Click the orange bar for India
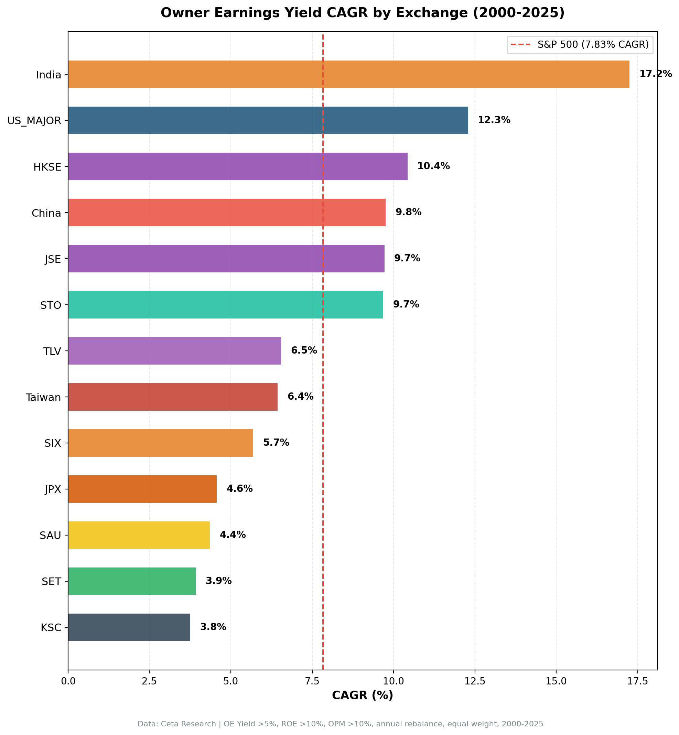348,74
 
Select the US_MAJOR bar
268,120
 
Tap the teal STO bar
225,305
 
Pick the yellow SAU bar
139,535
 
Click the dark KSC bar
129,627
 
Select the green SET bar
131,581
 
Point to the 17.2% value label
655,74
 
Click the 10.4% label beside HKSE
433,166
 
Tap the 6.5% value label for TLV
304,351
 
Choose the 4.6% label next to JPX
239,489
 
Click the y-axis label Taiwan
43,397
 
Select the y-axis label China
46,213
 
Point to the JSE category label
53,259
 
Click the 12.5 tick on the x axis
475,681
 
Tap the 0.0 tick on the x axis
68,681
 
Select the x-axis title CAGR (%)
362,695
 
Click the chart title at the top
362,13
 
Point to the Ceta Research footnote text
340,724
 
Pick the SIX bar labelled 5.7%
161,443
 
